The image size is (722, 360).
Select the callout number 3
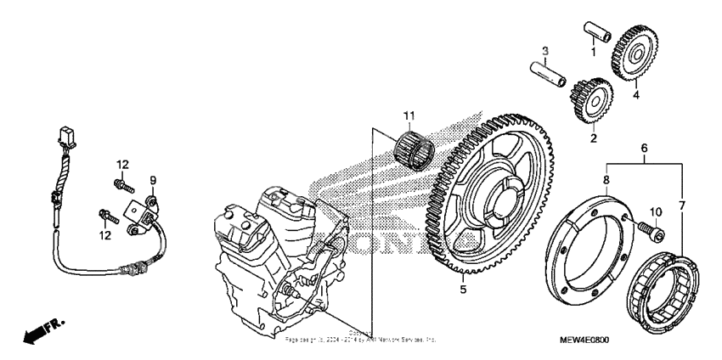pyautogui.click(x=546, y=51)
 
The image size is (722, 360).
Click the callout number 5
pyautogui.click(x=463, y=289)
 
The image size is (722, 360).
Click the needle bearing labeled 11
pyautogui.click(x=417, y=146)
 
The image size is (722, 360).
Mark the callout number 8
pyautogui.click(x=606, y=179)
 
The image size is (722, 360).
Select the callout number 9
pyautogui.click(x=154, y=179)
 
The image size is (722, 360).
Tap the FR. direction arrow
pyautogui.click(x=39, y=331)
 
